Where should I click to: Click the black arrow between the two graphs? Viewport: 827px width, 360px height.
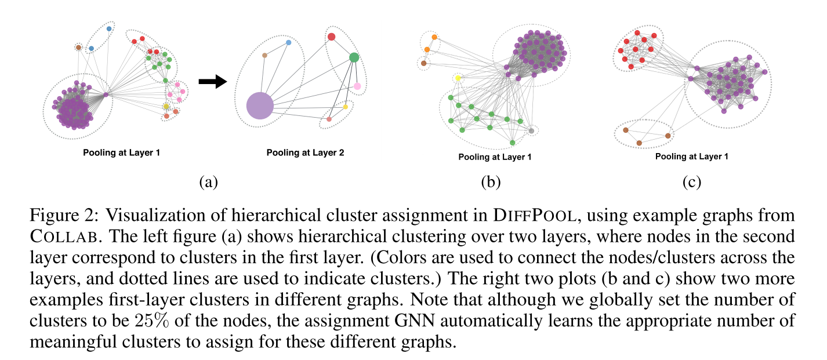point(212,82)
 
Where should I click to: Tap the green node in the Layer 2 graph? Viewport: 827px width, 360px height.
point(354,57)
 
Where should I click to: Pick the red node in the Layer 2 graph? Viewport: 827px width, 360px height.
point(331,37)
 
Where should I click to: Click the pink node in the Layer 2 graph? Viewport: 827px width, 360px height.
point(357,86)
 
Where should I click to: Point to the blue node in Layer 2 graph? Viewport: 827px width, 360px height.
point(288,43)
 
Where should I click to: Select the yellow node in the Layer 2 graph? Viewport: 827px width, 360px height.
point(345,107)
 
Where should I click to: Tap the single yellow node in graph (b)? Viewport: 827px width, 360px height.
point(458,78)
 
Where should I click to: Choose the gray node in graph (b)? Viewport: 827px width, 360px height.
point(531,132)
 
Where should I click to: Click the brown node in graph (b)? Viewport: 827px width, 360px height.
point(424,63)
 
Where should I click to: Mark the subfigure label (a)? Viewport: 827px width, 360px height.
point(208,183)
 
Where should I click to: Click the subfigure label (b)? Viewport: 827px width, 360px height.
point(491,183)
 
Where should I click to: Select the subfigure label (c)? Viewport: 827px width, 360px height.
point(691,183)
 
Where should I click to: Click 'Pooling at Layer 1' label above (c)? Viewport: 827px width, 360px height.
point(691,157)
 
